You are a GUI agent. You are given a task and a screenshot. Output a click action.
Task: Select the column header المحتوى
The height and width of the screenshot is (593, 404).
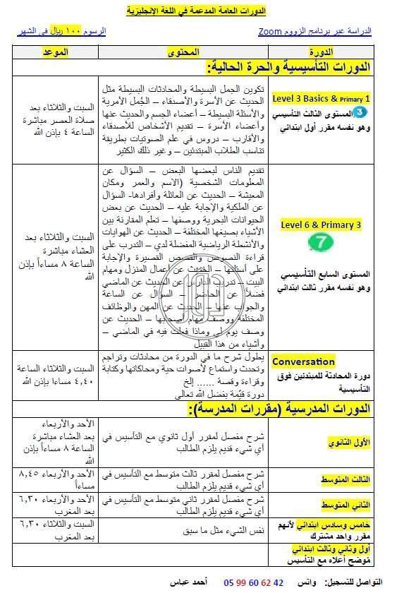tap(183, 53)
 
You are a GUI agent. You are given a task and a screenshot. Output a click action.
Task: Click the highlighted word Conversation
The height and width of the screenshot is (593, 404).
tap(303, 361)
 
